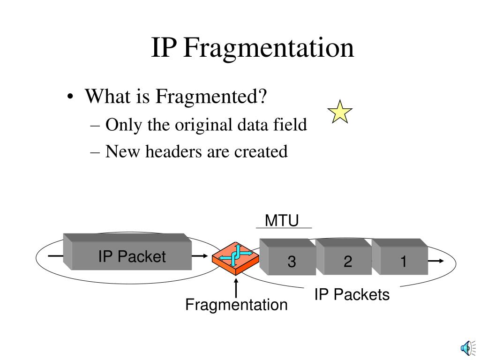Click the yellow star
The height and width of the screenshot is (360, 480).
pos(340,113)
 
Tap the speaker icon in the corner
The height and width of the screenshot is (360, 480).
pos(466,347)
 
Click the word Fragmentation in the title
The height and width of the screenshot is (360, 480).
pos(269,48)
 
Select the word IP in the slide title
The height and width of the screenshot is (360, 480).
pos(164,48)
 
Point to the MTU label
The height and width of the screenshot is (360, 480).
pos(282,221)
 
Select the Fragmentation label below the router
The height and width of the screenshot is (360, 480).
pos(236,305)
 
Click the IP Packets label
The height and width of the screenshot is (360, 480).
pos(352,295)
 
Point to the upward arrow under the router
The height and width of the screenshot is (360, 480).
pos(236,288)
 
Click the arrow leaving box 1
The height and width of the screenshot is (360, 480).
pos(435,261)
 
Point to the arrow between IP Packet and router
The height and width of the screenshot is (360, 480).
pos(199,256)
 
